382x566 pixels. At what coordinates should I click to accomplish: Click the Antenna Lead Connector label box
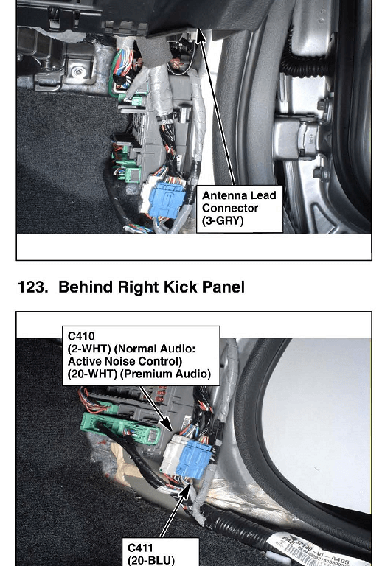point(240,209)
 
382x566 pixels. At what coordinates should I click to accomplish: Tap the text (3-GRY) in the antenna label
point(223,220)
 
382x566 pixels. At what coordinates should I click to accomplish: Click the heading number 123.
point(32,287)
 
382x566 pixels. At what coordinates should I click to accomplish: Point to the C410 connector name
point(81,336)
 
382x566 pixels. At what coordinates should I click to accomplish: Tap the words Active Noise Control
point(125,361)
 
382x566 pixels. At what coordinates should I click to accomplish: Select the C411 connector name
point(140,548)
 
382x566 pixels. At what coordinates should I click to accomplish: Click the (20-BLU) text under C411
point(151,560)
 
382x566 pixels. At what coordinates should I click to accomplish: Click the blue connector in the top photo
point(167,200)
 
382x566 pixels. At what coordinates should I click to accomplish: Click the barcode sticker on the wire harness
point(318,551)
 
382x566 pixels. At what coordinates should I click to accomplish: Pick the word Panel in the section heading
point(223,287)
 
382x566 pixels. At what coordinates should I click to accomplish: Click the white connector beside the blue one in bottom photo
point(171,455)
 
